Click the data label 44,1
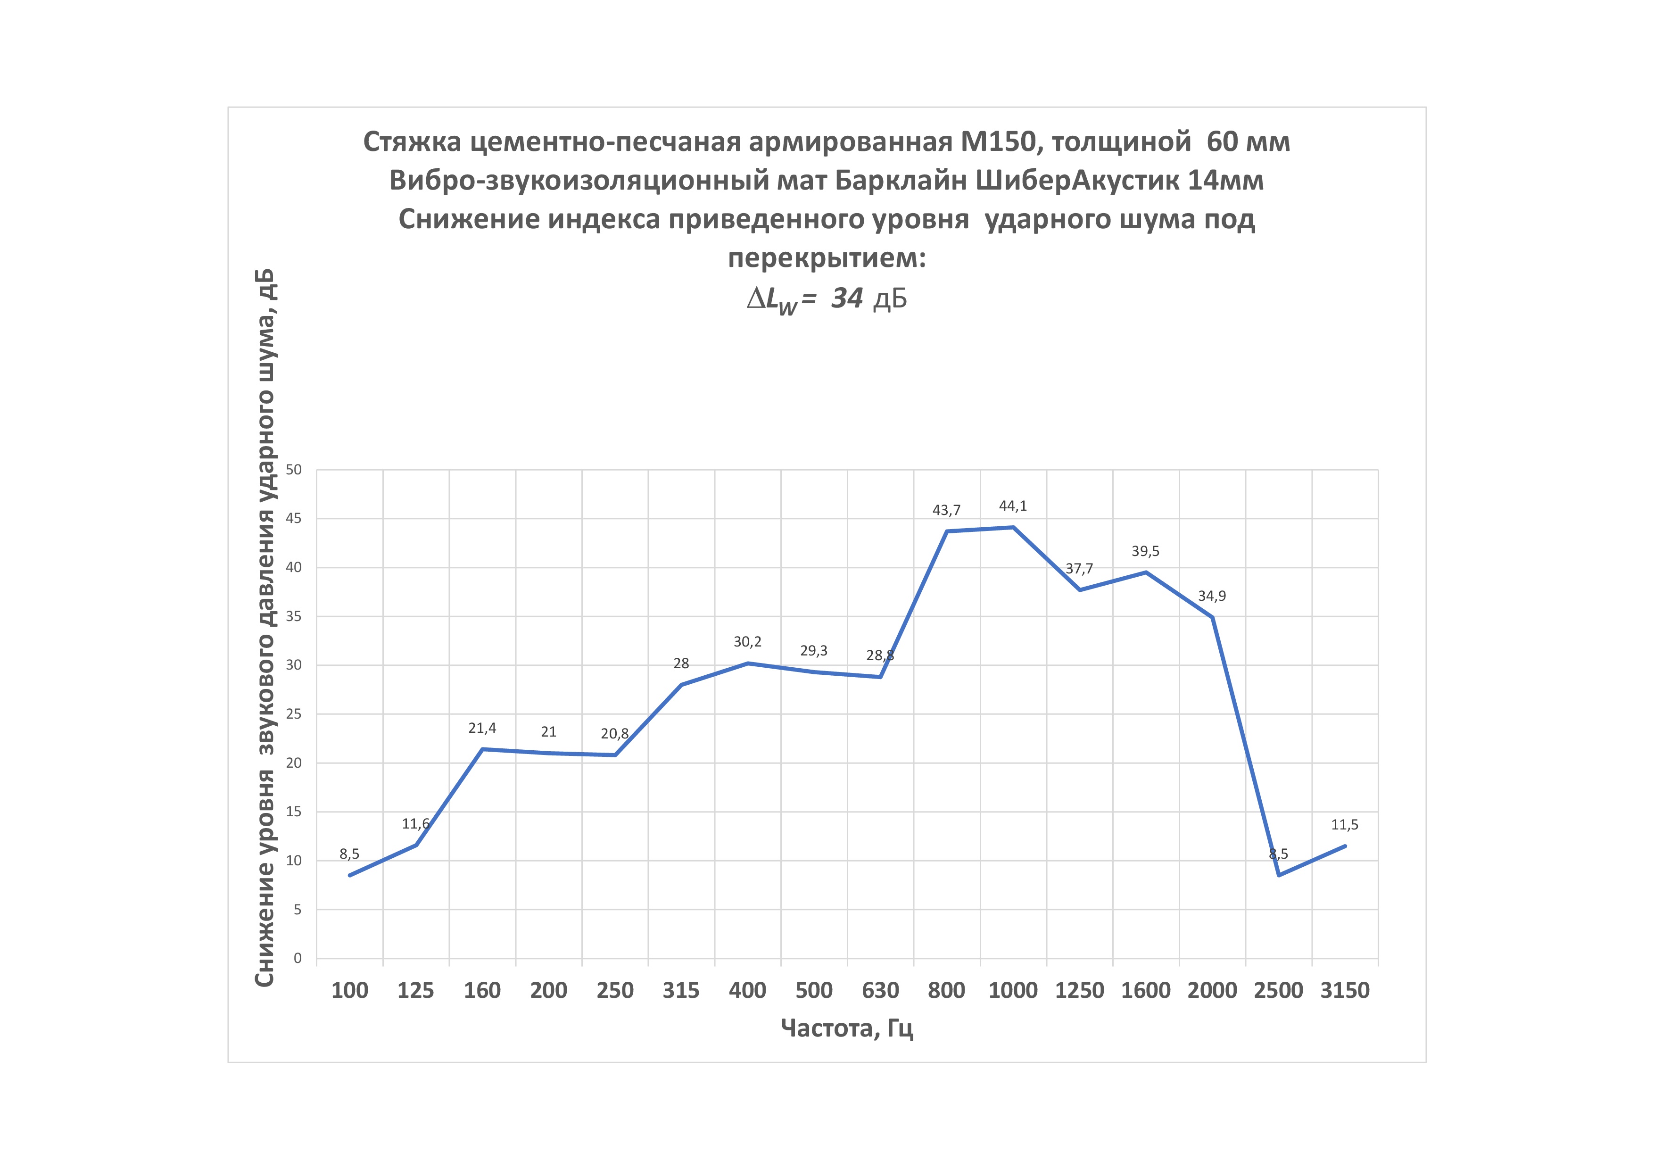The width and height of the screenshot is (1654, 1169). [x=1013, y=506]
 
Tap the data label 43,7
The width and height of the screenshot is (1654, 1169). [x=947, y=511]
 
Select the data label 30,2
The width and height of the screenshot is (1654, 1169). [x=748, y=642]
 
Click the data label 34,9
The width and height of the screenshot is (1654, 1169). [x=1212, y=597]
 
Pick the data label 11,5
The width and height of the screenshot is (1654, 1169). [x=1345, y=825]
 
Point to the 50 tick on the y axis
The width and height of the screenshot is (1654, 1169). [x=294, y=470]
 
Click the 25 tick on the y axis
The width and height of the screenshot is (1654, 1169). [x=294, y=714]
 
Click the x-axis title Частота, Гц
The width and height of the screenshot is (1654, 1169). [x=847, y=1028]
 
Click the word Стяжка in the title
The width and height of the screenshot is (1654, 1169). [x=412, y=142]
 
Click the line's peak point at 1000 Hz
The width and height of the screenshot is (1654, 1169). [x=1013, y=527]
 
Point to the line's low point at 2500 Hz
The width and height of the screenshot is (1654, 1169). [x=1279, y=875]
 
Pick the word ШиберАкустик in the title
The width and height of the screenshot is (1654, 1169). [x=1076, y=181]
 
